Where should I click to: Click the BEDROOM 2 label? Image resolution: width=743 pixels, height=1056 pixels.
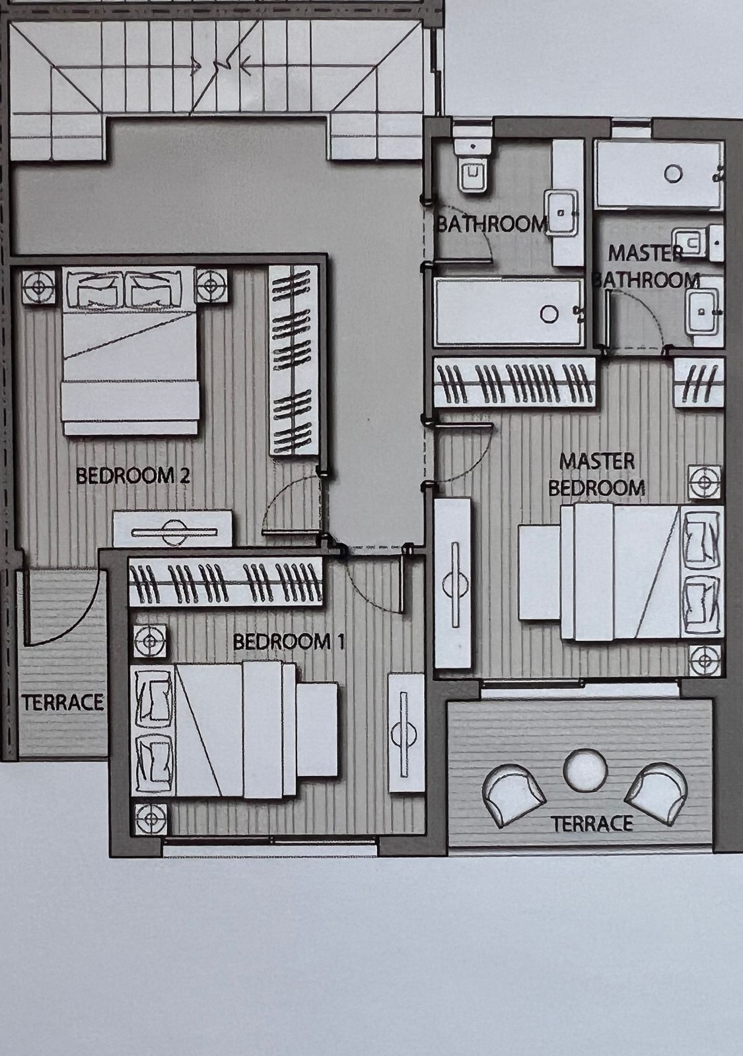pyautogui.click(x=133, y=476)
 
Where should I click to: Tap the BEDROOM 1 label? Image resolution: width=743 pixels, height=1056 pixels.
pyautogui.click(x=289, y=642)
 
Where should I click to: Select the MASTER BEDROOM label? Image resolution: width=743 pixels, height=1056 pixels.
pyautogui.click(x=597, y=475)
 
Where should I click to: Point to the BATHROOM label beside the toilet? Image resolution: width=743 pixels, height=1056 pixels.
pyautogui.click(x=491, y=224)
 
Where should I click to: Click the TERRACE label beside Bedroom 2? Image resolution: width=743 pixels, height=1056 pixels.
pyautogui.click(x=62, y=702)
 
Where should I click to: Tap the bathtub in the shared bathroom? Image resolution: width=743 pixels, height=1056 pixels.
pyautogui.click(x=509, y=312)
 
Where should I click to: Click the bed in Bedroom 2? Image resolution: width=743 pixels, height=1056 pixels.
pyautogui.click(x=129, y=350)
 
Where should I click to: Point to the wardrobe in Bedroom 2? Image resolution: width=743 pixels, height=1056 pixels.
pyautogui.click(x=293, y=360)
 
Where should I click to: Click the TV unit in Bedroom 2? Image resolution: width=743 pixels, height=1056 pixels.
pyautogui.click(x=172, y=529)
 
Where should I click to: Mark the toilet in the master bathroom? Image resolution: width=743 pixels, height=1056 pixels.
pyautogui.click(x=697, y=243)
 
